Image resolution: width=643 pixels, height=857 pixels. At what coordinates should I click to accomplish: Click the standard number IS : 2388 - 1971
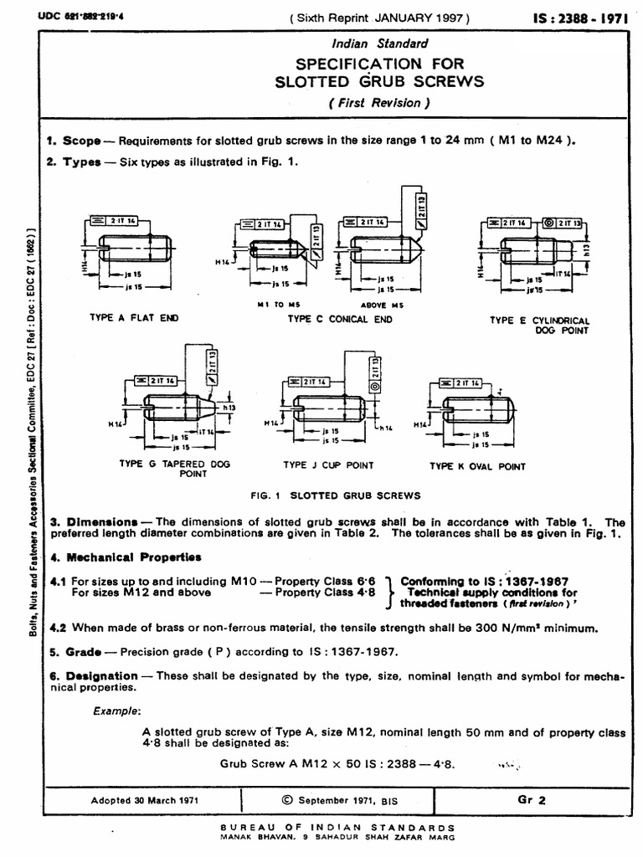[581, 18]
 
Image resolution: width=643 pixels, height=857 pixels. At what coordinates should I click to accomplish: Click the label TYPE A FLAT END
[134, 318]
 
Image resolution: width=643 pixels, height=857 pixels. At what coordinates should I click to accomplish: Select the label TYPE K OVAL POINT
[477, 466]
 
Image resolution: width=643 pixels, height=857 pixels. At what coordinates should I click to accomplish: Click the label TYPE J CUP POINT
[328, 464]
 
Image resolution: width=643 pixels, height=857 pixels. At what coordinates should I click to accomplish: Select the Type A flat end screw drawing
[135, 248]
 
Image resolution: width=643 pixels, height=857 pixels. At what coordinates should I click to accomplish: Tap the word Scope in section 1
[82, 141]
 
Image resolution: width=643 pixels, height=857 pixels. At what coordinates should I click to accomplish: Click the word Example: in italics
[116, 711]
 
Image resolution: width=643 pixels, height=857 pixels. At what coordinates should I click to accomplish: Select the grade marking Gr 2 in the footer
[531, 799]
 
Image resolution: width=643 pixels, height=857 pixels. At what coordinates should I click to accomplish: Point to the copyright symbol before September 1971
[289, 799]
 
